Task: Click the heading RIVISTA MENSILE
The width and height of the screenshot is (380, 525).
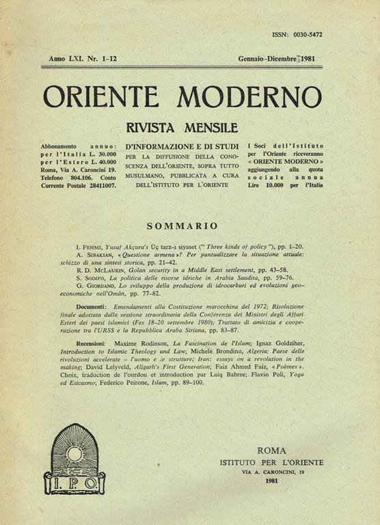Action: pos(182,128)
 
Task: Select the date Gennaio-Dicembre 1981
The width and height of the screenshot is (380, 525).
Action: pos(280,59)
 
